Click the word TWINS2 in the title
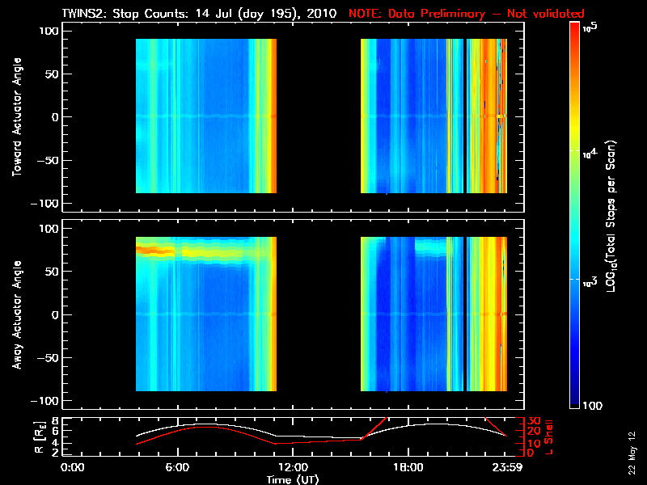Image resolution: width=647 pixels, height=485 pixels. point(85,13)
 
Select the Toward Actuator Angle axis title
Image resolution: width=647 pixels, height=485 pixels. point(17,116)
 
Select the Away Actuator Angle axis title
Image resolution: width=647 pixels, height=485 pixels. point(17,314)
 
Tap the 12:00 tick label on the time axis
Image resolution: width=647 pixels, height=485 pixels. point(292,466)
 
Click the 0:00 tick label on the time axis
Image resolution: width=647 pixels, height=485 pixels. point(73,466)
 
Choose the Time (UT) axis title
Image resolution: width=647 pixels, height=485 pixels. point(292,479)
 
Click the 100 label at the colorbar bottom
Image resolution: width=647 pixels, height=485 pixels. point(593,404)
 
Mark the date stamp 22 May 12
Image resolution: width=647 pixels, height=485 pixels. point(631,453)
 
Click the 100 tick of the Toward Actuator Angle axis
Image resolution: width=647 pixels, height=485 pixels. point(50,31)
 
